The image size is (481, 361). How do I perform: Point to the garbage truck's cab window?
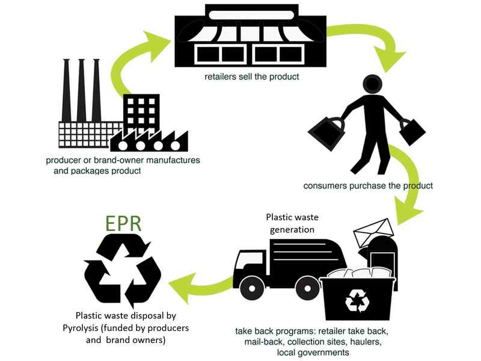pyautogui.click(x=247, y=261)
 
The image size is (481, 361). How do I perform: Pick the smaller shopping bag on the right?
pyautogui.click(x=412, y=131)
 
